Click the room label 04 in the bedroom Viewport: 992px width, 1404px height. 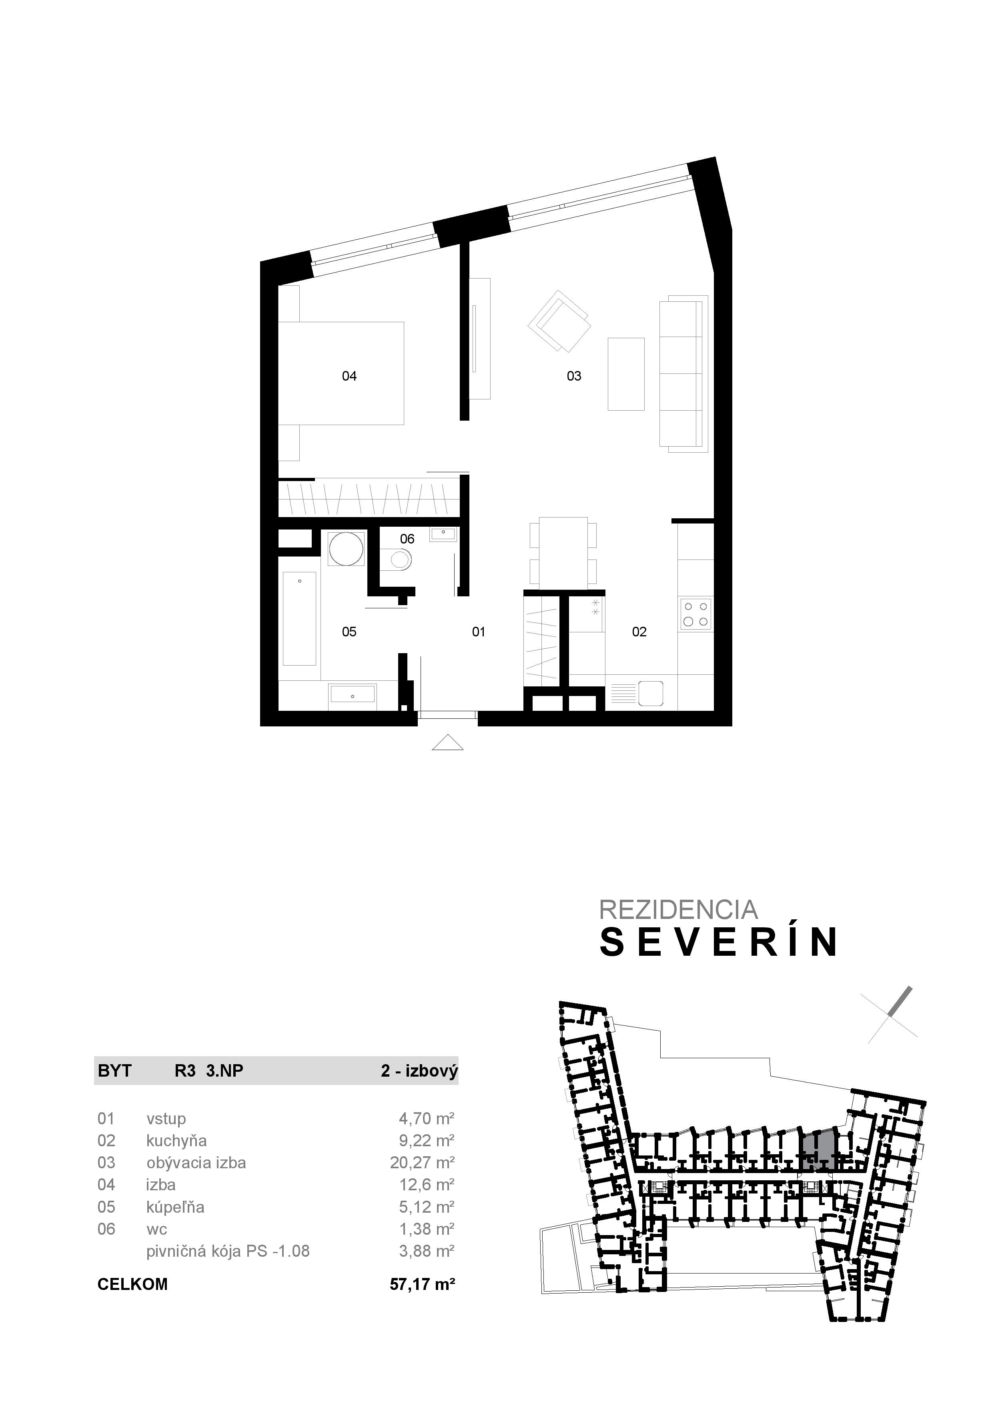349,376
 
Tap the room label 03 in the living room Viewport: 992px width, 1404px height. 574,376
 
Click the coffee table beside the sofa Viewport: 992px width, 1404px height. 626,374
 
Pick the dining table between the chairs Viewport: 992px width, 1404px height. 563,552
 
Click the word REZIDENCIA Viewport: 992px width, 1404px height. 678,909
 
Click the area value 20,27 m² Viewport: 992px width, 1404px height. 422,1162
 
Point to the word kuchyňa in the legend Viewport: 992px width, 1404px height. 176,1140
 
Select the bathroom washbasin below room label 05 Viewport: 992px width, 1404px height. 353,695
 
